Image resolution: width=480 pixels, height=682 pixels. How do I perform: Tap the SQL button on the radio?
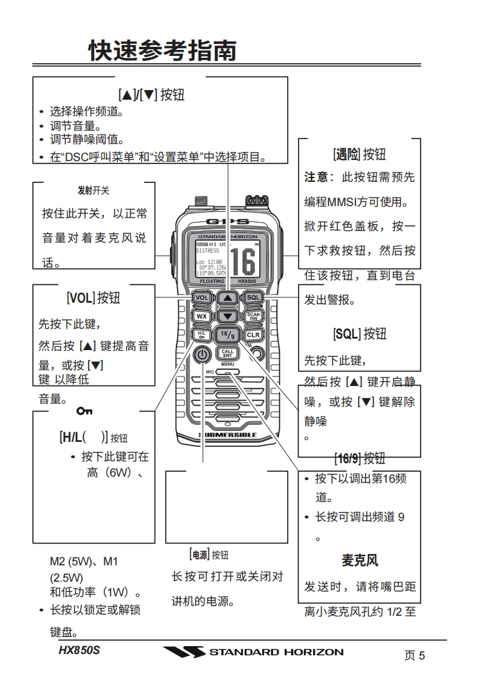(253, 298)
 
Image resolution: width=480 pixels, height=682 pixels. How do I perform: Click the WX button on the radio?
(201, 316)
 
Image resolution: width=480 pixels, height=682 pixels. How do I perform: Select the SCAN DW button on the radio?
(253, 316)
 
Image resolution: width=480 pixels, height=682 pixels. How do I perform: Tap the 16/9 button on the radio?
(227, 334)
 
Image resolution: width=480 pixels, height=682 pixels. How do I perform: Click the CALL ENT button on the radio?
(227, 353)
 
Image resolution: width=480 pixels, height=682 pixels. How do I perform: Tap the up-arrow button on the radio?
(227, 298)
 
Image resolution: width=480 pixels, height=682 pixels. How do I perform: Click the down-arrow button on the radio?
(227, 316)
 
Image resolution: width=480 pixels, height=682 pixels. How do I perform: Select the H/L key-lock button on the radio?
(201, 334)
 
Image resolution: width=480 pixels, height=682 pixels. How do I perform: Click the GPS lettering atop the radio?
(228, 221)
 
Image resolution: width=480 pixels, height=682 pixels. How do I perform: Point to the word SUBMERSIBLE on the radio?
(228, 435)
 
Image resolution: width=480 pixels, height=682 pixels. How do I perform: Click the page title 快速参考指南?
(162, 50)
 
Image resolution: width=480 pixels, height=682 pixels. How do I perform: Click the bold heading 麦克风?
(359, 560)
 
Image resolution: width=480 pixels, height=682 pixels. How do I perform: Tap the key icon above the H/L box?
(84, 412)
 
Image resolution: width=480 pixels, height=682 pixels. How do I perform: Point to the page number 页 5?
(414, 655)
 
